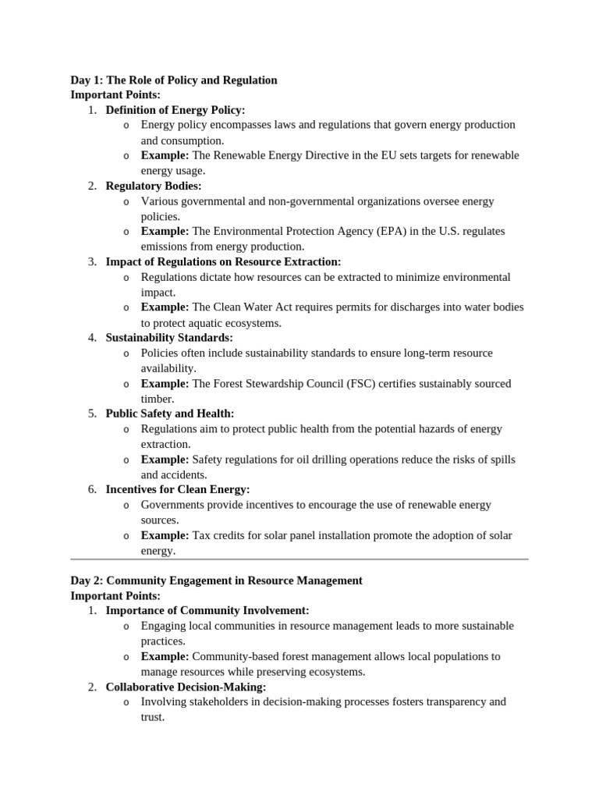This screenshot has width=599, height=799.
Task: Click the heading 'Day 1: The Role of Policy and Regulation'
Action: pyautogui.click(x=173, y=80)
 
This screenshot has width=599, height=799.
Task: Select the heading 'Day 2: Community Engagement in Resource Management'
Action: pyautogui.click(x=216, y=581)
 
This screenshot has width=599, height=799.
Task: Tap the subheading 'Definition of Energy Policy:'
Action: pyautogui.click(x=175, y=110)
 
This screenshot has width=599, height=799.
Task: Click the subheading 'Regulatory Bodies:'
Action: pyautogui.click(x=154, y=186)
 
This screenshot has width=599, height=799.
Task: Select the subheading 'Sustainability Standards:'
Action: pyautogui.click(x=169, y=338)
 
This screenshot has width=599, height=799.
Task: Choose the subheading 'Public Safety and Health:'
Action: pyautogui.click(x=170, y=414)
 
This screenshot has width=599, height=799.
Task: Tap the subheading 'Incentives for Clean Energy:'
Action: pyautogui.click(x=178, y=489)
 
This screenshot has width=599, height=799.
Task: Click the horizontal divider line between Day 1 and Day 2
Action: pyautogui.click(x=299, y=559)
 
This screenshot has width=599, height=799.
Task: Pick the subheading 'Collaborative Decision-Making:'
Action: pyautogui.click(x=186, y=687)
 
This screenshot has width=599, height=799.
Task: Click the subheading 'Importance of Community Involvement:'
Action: pyautogui.click(x=207, y=610)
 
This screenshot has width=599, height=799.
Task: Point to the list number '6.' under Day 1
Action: pyautogui.click(x=92, y=489)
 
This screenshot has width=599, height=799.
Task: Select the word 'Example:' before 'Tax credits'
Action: pyautogui.click(x=165, y=535)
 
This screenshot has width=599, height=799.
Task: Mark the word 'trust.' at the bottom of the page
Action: pyautogui.click(x=153, y=716)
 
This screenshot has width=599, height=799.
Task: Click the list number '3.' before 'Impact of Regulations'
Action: pyautogui.click(x=92, y=261)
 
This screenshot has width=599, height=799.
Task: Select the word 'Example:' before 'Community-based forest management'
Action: pyautogui.click(x=165, y=656)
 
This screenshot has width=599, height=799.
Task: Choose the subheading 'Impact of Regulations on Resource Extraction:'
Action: pyautogui.click(x=223, y=261)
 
